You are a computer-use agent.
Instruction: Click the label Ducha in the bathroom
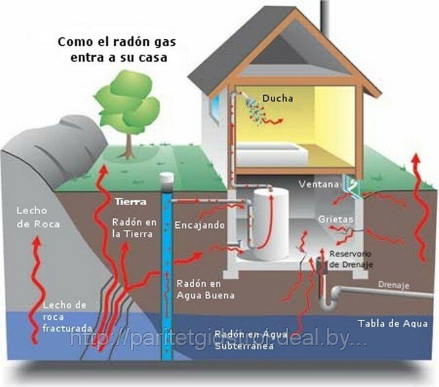[278, 98]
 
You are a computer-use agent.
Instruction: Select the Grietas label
[335, 219]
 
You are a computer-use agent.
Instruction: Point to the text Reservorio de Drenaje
[353, 259]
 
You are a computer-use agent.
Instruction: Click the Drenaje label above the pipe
[393, 285]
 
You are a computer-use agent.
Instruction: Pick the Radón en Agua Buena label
[205, 289]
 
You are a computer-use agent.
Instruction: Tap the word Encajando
[198, 224]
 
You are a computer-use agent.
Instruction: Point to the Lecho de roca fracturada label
[64, 316]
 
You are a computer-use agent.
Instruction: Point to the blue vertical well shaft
[167, 274]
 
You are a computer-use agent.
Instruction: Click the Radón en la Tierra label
[133, 228]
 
